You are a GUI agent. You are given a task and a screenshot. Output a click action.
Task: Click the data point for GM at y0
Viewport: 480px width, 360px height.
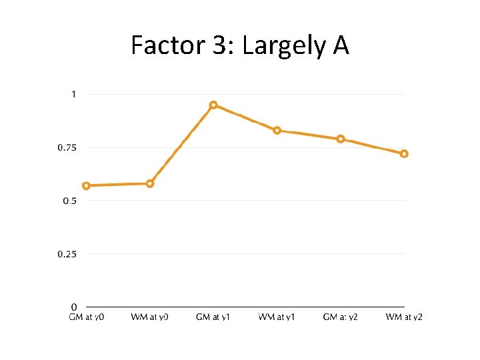86,186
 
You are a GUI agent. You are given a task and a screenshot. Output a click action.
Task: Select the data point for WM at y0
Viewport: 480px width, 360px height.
150,183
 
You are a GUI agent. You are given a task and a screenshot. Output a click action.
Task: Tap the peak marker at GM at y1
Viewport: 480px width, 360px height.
213,105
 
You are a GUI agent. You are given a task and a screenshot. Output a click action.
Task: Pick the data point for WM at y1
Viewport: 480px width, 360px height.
277,130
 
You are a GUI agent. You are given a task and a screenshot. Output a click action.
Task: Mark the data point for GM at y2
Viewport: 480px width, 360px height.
341,139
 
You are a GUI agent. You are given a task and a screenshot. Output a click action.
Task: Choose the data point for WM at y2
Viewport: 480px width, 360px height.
404,153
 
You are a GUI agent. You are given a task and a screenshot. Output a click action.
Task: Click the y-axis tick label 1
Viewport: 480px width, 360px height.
73,94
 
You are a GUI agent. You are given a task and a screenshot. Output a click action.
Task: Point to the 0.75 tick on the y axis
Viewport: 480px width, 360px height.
67,147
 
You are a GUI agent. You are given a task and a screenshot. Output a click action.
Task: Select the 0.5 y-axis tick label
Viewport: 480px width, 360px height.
69,201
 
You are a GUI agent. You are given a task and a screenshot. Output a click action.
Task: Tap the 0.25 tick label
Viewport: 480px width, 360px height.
67,254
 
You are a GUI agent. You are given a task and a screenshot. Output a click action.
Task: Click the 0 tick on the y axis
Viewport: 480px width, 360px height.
73,307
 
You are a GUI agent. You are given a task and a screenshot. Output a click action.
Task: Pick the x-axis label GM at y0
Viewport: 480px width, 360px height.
86,317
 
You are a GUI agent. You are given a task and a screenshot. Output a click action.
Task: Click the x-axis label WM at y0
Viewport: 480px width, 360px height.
150,317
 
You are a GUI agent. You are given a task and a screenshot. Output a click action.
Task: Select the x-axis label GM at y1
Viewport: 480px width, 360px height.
213,317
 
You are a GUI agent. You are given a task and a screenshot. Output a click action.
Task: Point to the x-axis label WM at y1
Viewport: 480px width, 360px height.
277,317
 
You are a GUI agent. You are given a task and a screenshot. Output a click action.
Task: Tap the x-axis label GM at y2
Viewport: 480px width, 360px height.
341,317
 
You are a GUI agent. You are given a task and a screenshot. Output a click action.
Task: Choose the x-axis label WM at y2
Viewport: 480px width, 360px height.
404,317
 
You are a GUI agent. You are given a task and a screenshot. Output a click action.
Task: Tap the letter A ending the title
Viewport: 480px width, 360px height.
340,46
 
